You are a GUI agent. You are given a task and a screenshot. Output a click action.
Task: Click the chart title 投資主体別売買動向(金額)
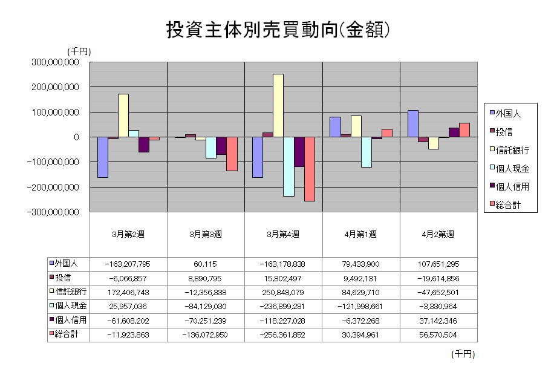[x=276, y=30]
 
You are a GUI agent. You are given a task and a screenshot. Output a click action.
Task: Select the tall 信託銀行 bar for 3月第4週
[x=278, y=105]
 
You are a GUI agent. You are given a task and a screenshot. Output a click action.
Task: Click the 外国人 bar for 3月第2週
[x=102, y=157]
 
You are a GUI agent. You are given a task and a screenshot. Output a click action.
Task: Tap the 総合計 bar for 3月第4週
[x=309, y=169]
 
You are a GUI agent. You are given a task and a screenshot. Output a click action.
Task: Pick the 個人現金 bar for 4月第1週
[x=366, y=152]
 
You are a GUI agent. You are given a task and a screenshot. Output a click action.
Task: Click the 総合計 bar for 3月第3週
[x=232, y=154]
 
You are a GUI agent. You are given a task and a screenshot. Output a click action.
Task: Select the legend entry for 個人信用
[x=507, y=187]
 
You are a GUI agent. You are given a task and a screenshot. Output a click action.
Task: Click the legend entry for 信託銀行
[x=507, y=150]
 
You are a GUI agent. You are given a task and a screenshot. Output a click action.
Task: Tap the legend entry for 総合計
[x=507, y=205]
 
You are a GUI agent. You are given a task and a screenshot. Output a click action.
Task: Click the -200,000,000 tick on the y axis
[x=53, y=188]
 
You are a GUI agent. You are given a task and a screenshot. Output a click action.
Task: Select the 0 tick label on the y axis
[x=77, y=137]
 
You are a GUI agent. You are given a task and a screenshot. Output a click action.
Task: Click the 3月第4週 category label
[x=284, y=234]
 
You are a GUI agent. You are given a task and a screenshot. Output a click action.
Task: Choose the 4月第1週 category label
[x=361, y=234]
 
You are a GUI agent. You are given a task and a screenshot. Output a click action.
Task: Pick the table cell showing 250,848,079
[x=284, y=292]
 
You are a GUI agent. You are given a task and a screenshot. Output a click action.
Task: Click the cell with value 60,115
[x=206, y=264]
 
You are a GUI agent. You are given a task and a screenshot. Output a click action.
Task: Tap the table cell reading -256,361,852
[x=284, y=334]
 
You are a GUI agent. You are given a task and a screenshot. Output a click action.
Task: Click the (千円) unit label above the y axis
[x=79, y=53]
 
